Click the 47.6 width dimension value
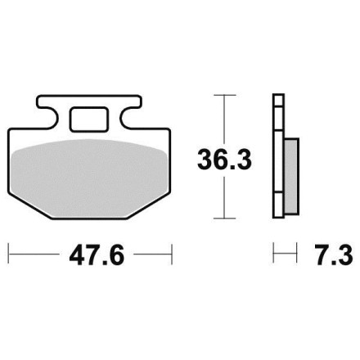tap(97, 256)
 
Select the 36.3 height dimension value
tap(224, 160)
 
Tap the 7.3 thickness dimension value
tap(333, 255)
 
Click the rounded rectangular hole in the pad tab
tap(88, 119)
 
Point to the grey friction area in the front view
tap(90, 178)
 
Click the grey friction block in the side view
tap(291, 176)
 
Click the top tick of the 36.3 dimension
tap(224, 95)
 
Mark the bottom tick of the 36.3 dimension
tap(224, 218)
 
